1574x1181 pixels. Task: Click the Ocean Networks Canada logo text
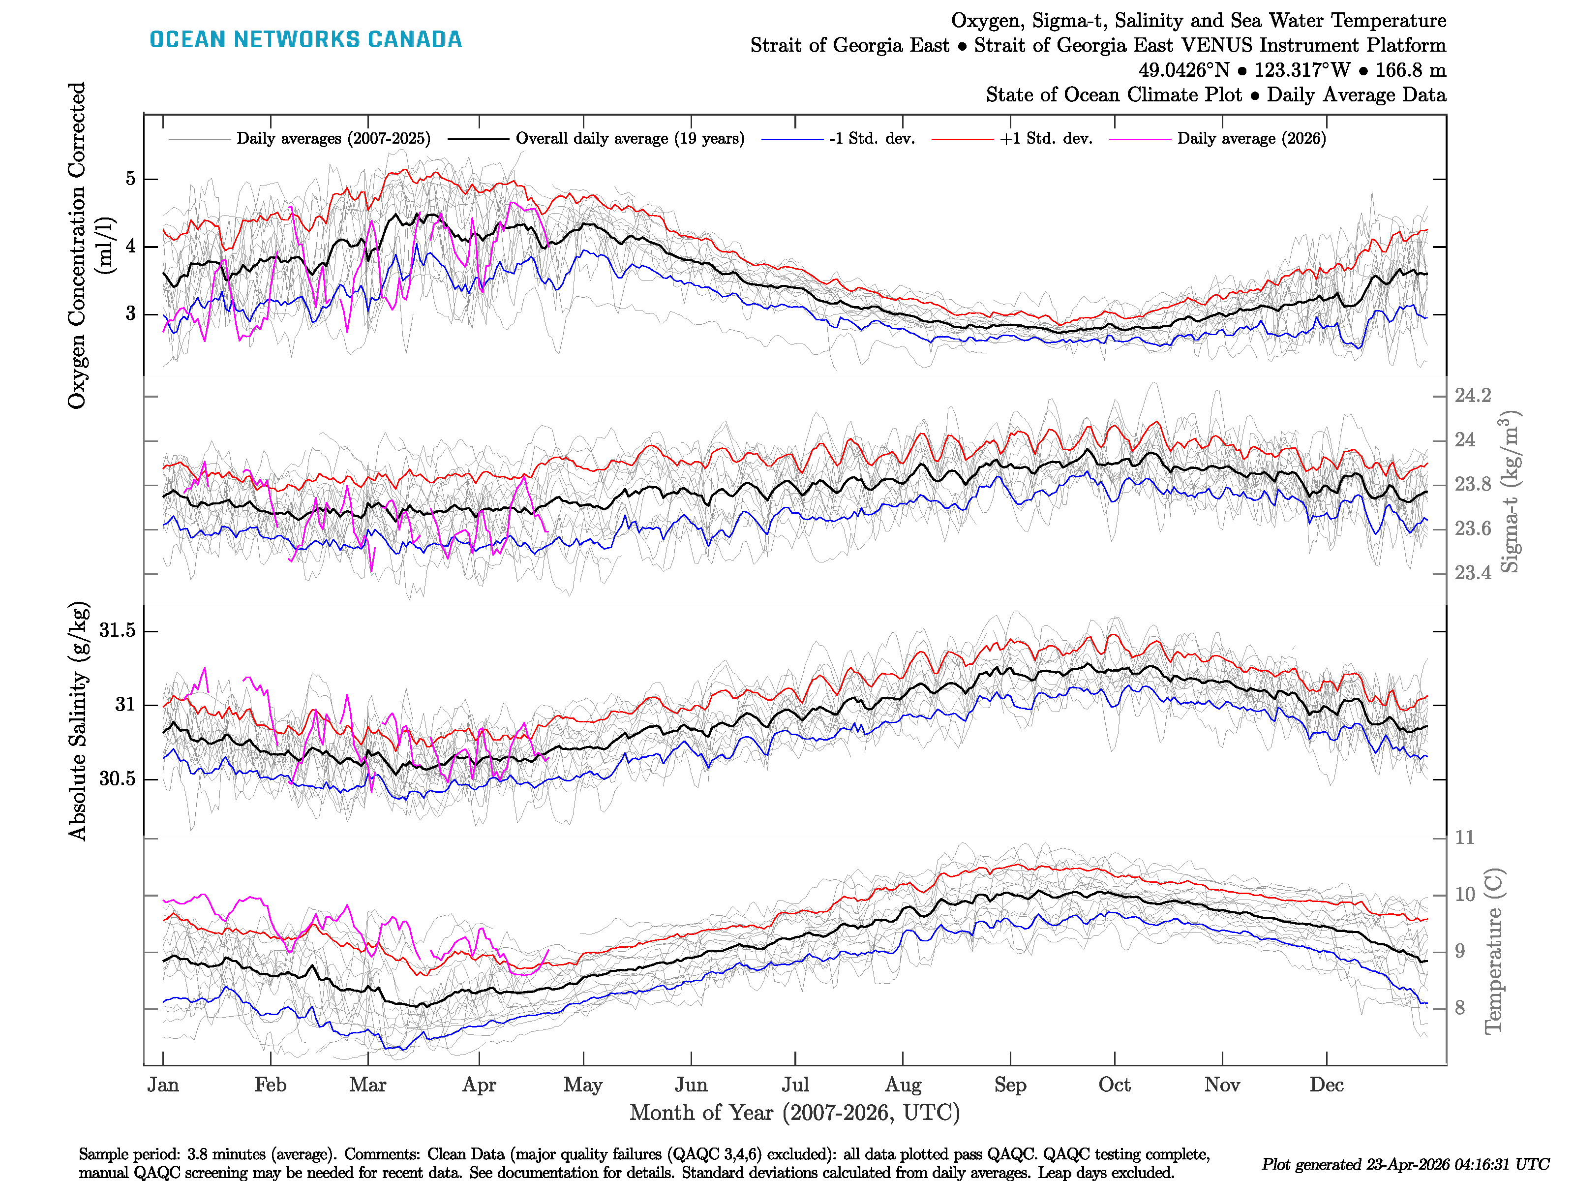pos(305,39)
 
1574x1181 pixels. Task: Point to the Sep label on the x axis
pos(1010,1085)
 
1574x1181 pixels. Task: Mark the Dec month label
pos(1327,1085)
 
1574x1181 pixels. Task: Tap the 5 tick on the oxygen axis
pos(130,179)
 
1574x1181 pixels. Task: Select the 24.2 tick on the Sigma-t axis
pos(1472,396)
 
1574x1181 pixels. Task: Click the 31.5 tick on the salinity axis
pos(118,631)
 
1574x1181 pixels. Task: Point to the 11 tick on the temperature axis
pos(1464,838)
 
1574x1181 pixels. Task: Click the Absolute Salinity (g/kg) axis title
pos(78,720)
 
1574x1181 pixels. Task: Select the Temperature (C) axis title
pos(1494,951)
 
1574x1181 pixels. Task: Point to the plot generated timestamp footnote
pos(1405,1165)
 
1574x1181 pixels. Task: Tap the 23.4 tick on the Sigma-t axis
pos(1472,573)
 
